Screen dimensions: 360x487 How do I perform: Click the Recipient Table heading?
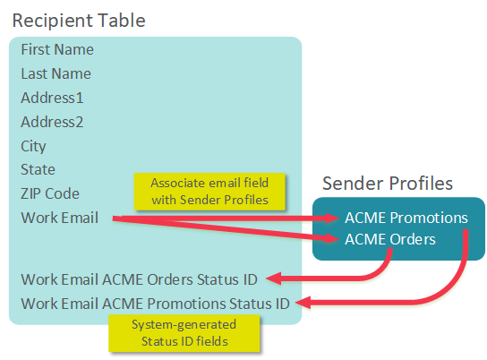click(x=79, y=19)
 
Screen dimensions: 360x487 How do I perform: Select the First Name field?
click(x=57, y=50)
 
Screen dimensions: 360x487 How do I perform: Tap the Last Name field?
click(x=56, y=74)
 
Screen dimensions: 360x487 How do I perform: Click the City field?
click(x=34, y=146)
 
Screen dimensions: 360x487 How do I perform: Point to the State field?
click(x=38, y=169)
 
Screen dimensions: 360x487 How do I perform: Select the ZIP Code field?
click(x=51, y=193)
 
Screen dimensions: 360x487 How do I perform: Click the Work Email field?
click(x=60, y=218)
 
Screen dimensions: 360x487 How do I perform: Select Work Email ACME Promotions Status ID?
click(x=155, y=303)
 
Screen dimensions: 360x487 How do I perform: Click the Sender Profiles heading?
click(x=388, y=184)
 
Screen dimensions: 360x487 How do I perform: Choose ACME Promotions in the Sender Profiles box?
click(x=406, y=218)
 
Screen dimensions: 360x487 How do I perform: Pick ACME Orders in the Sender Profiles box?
click(x=390, y=239)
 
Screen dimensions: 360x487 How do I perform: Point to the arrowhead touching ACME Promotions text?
click(x=335, y=218)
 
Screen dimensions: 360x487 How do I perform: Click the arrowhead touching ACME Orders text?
click(x=335, y=239)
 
